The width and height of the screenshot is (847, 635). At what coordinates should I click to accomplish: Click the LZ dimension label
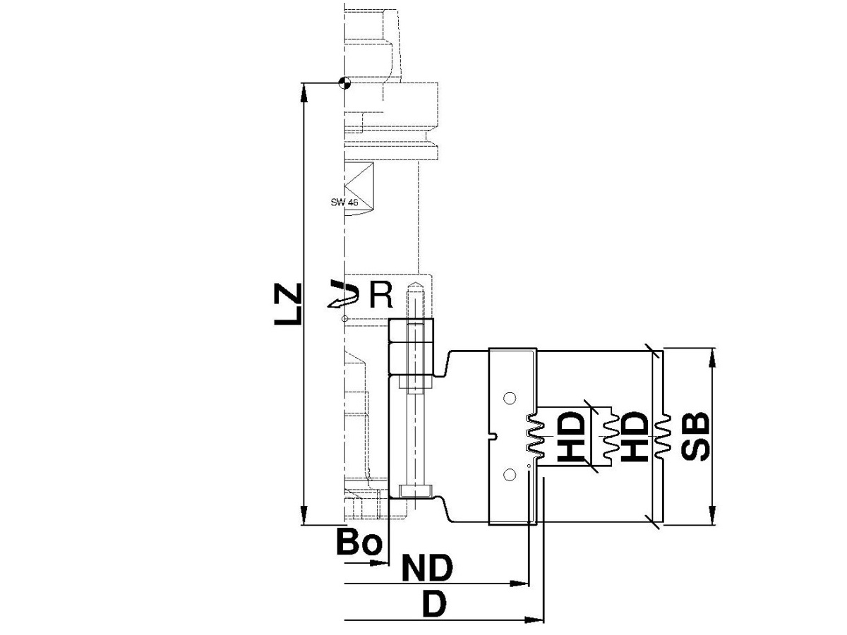[x=287, y=304]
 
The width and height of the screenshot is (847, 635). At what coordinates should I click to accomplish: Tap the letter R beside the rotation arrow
[x=381, y=295]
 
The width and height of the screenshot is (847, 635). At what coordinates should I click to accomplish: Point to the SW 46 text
[x=344, y=202]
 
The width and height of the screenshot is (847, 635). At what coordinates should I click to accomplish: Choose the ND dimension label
[x=427, y=568]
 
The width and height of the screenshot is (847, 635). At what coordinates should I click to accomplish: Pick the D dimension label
[x=434, y=605]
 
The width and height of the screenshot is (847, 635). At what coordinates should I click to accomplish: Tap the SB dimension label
[x=695, y=437]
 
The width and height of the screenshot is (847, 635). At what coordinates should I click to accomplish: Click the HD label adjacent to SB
[x=634, y=437]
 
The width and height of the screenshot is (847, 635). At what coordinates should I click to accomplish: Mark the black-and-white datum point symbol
[x=344, y=83]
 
